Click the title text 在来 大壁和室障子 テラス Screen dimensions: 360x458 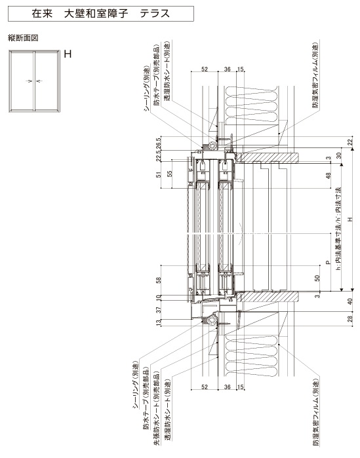click(100, 14)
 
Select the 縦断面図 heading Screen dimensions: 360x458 click(23, 38)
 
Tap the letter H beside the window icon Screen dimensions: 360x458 click(68, 54)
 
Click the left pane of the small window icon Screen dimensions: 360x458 click(22, 81)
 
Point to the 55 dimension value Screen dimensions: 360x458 click(169, 174)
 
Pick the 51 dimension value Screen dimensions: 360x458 click(159, 175)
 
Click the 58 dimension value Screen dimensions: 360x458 click(159, 280)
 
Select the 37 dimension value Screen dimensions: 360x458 click(159, 310)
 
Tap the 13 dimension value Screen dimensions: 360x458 click(159, 322)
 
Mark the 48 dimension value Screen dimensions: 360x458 click(329, 176)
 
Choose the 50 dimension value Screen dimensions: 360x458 click(318, 278)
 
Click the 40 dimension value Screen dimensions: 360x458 click(350, 301)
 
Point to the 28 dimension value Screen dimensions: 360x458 click(350, 318)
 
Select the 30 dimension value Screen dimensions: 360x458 click(339, 155)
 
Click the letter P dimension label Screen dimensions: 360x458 click(328, 262)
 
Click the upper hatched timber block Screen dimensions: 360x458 click(268, 158)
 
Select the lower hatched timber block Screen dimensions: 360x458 click(268, 297)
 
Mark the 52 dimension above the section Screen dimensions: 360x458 click(205, 69)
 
